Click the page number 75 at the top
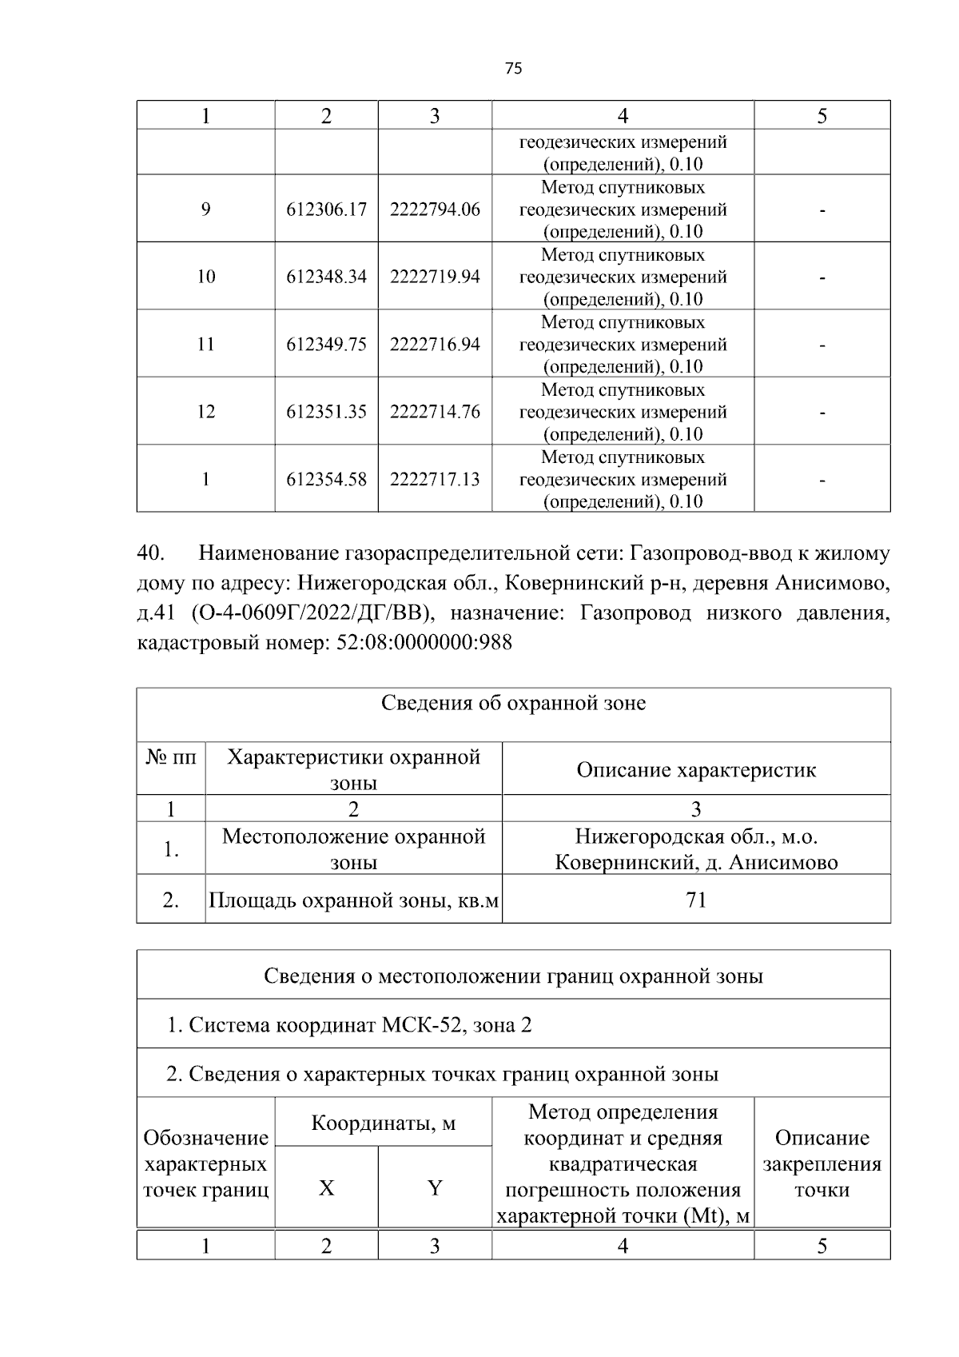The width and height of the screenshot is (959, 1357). (x=514, y=69)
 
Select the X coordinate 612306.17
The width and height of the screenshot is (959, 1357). (x=326, y=210)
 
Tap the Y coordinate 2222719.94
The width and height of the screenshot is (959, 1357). (x=435, y=277)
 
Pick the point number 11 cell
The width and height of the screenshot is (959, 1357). (x=205, y=345)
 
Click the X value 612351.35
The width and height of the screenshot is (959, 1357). (x=326, y=412)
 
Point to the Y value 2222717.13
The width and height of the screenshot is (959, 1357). (x=435, y=480)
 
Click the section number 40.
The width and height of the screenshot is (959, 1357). (x=152, y=554)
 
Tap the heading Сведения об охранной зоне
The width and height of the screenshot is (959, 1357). (x=513, y=704)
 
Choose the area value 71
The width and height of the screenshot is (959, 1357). (x=696, y=900)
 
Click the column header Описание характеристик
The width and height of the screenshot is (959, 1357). (x=696, y=770)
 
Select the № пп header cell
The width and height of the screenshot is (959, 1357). (x=171, y=757)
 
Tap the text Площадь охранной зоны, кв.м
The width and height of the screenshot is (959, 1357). (x=353, y=901)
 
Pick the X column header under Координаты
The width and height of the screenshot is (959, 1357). (x=326, y=1188)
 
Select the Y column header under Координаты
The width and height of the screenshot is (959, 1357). (x=435, y=1188)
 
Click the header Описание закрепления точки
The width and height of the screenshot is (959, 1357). (x=822, y=1163)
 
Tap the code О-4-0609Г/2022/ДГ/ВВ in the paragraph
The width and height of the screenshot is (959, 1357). (x=312, y=613)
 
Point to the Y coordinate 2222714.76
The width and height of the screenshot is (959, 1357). (x=435, y=412)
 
